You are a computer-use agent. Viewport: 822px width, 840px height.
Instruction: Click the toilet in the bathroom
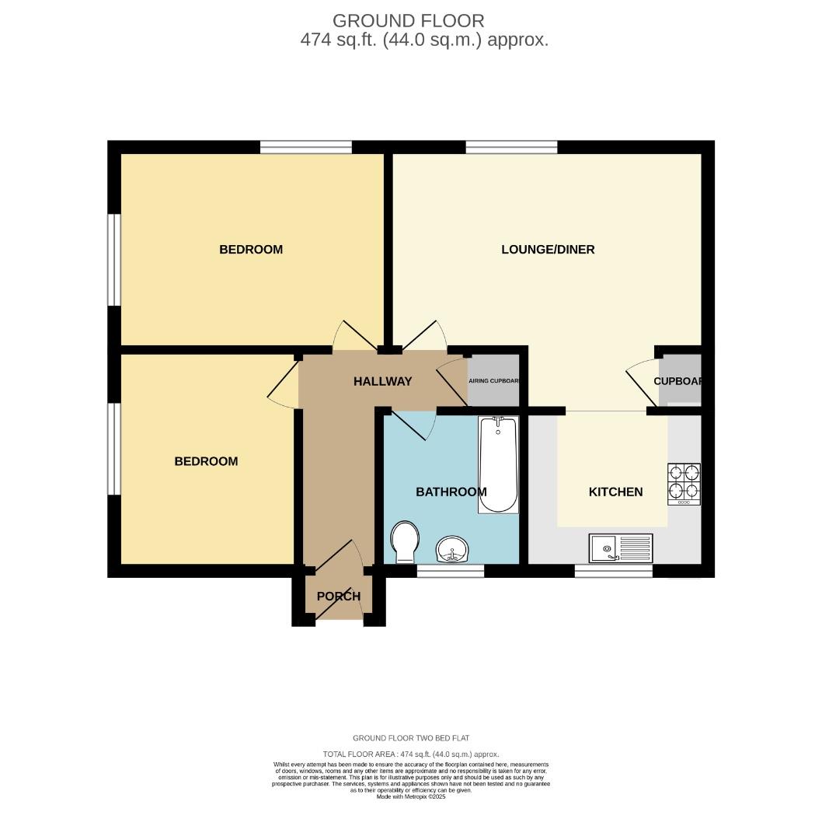[405, 541]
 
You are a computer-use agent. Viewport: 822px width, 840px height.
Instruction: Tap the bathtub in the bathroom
[498, 465]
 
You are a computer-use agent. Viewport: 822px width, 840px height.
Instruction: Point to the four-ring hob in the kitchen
[684, 484]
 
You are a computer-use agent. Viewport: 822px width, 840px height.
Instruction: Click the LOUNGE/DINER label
[548, 250]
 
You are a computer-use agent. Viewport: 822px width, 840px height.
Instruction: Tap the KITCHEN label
[615, 492]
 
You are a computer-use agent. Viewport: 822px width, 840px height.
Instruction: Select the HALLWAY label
[382, 381]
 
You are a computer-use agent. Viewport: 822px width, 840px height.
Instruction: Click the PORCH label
[339, 597]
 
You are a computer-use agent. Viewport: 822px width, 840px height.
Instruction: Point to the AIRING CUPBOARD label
[493, 381]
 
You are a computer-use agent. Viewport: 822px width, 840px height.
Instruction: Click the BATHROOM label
[451, 492]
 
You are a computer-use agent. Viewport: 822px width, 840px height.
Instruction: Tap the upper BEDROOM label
[251, 250]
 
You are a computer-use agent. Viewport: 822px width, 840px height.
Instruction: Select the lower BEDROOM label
[206, 461]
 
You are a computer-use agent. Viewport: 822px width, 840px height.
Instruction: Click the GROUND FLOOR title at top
[408, 21]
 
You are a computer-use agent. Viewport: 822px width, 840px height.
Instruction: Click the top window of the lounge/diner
[511, 147]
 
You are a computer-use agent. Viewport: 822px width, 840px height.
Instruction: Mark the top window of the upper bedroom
[305, 147]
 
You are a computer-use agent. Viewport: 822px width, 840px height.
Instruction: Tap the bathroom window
[451, 571]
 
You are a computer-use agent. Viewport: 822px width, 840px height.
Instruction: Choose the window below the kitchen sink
[613, 571]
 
